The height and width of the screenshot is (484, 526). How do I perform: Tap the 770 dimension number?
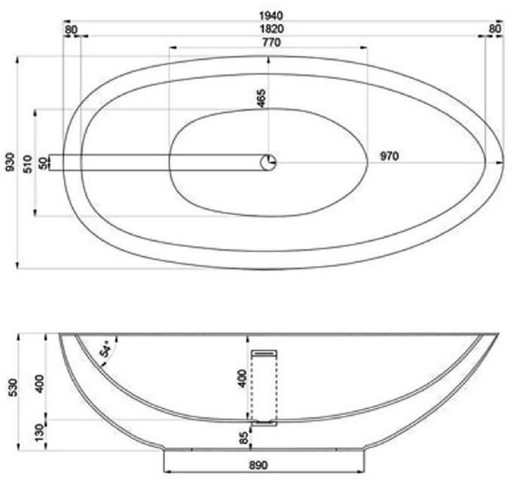pos(271,42)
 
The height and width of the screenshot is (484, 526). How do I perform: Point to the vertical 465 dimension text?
pos(261,98)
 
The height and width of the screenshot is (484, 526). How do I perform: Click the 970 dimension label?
pos(389,156)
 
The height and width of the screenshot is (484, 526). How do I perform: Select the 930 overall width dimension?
pos(10,161)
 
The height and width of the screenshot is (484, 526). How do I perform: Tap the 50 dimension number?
pos(43,162)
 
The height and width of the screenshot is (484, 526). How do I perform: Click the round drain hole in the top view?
pos(268,162)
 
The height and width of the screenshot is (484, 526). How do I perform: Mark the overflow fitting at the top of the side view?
pos(263,351)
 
